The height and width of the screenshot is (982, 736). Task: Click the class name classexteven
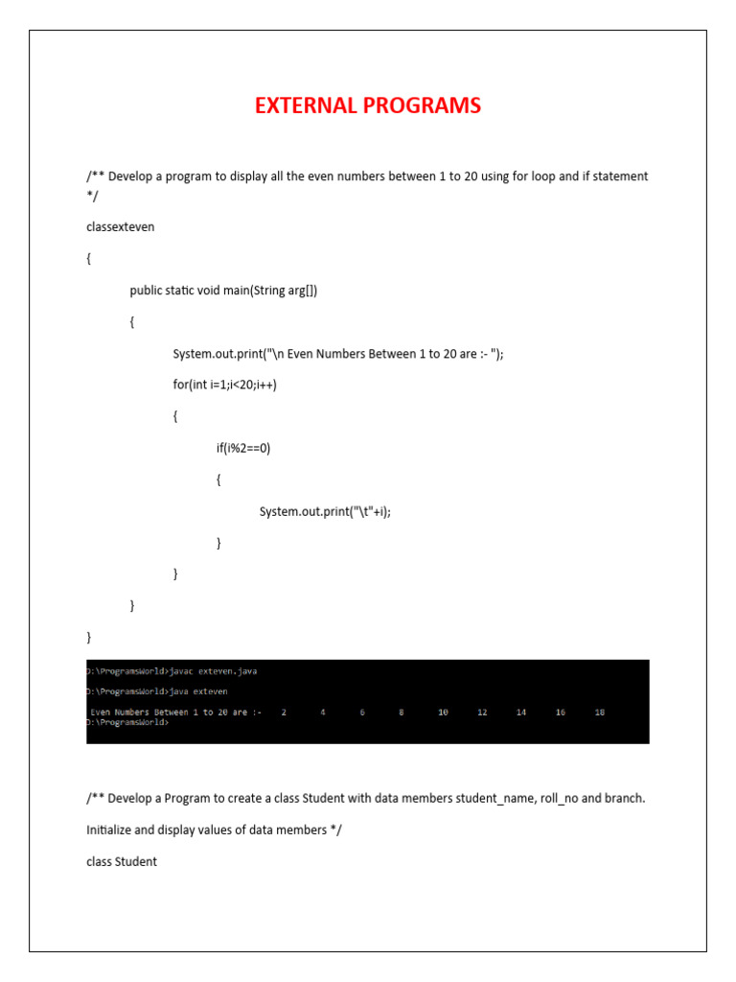(x=120, y=227)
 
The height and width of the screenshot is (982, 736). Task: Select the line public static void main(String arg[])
(x=223, y=291)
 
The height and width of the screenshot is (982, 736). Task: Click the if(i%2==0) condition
(x=243, y=448)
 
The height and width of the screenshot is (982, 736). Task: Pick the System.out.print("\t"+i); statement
(x=325, y=511)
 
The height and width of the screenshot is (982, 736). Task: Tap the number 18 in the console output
(x=600, y=713)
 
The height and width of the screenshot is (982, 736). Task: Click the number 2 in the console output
(x=284, y=713)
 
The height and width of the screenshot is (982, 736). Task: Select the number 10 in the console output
(x=443, y=713)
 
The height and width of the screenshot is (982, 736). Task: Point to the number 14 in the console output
(x=521, y=713)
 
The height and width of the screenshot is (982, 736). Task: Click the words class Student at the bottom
(x=122, y=861)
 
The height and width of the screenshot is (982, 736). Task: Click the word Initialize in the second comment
(x=109, y=830)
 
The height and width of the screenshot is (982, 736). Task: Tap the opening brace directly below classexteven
(x=88, y=259)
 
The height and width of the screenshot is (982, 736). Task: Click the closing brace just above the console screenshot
(x=88, y=637)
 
